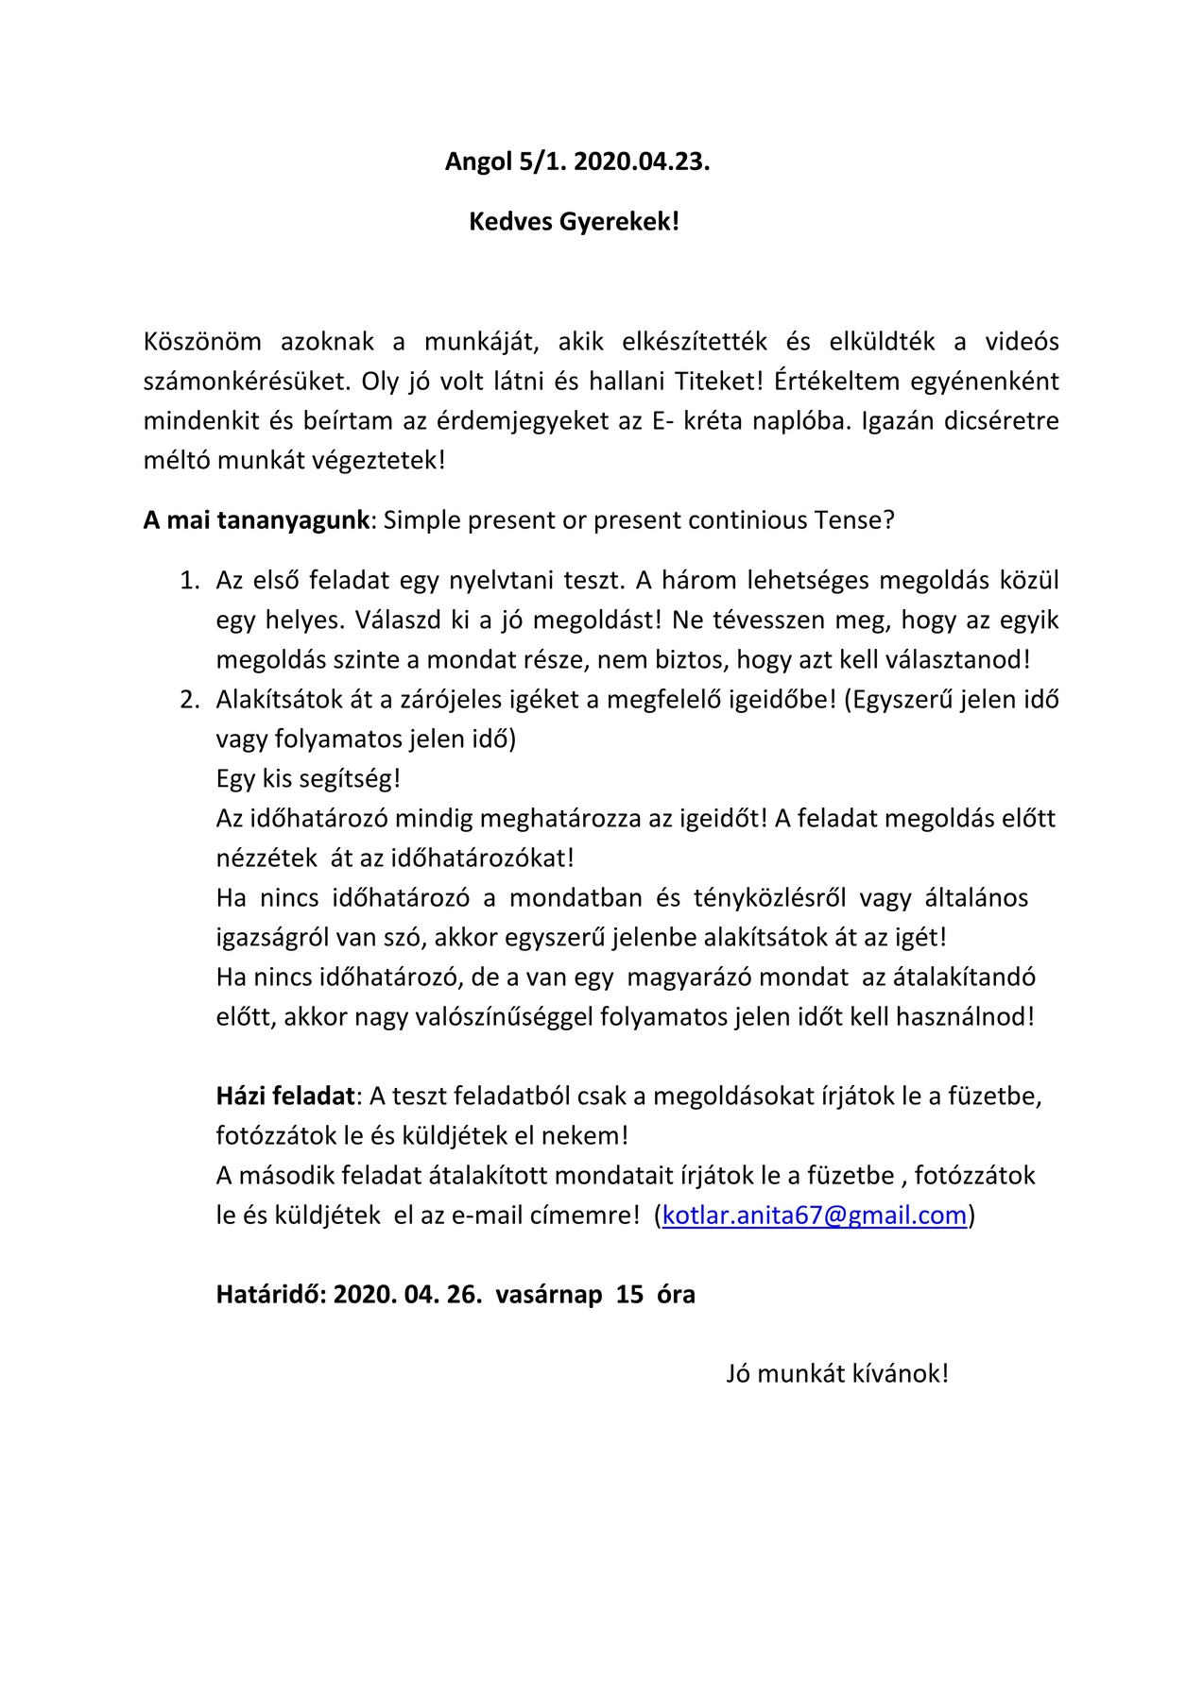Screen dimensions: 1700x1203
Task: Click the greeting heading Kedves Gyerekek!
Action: coord(575,222)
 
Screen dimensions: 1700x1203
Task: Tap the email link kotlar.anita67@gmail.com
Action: coord(815,1215)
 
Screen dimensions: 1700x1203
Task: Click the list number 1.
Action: coord(190,580)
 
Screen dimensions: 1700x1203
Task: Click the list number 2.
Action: coord(190,699)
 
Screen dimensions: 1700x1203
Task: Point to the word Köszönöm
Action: coord(202,341)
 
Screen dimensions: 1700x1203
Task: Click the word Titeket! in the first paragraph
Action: coord(718,381)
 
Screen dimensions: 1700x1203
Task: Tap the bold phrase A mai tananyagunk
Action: coord(256,520)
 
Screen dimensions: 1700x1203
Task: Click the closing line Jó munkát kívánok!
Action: coord(836,1373)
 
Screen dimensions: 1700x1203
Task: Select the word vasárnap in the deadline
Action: coord(549,1294)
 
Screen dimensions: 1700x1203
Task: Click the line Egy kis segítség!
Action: coord(308,778)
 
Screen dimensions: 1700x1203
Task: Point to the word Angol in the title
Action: coord(478,161)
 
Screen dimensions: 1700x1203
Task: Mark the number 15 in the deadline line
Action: coord(629,1294)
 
